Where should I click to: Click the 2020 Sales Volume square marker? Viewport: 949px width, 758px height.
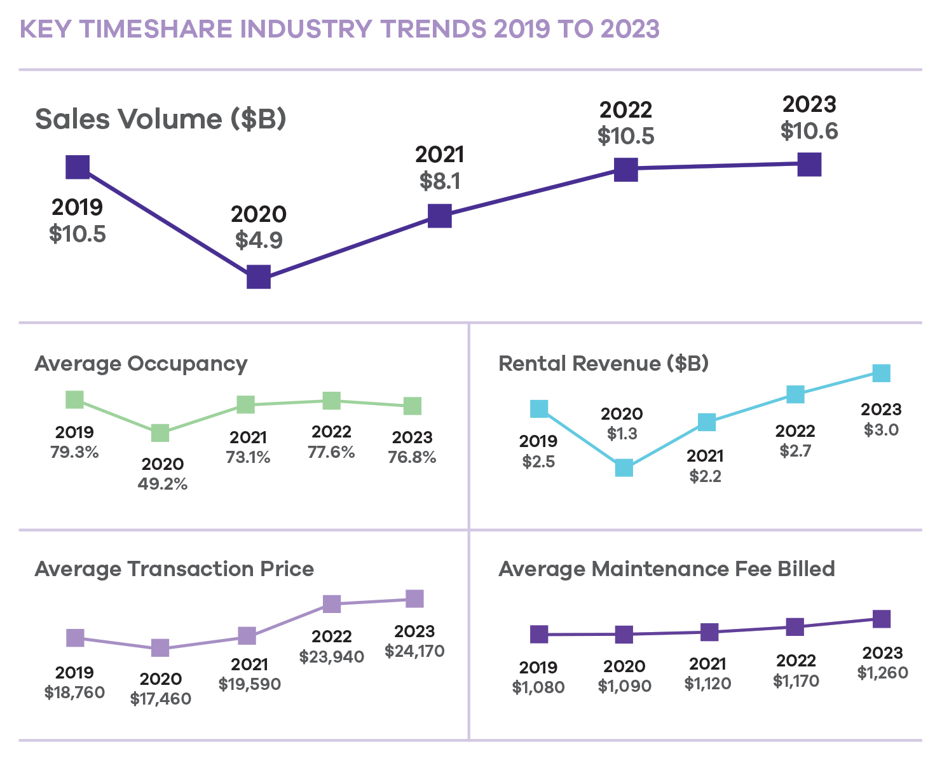pos(258,277)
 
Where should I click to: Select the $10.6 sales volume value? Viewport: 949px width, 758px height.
pos(809,132)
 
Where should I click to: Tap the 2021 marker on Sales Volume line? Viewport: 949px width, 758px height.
pos(439,216)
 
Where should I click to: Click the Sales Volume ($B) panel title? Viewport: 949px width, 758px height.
pos(160,119)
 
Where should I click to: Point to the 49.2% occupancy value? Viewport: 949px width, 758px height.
pos(163,484)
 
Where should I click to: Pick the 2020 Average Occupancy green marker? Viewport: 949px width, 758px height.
pos(160,433)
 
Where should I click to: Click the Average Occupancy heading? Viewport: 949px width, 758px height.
pos(141,364)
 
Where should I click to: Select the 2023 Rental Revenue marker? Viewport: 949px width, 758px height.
pos(881,373)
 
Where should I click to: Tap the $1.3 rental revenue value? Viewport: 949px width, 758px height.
pos(622,434)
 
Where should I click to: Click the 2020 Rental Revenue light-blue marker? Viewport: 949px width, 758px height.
pos(624,468)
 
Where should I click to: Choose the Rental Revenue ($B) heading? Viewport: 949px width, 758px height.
pos(603,364)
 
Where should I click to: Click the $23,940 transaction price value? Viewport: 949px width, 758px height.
pos(332,656)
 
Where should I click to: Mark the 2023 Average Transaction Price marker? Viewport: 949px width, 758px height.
pos(414,598)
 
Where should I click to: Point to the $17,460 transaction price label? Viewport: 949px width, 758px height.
pos(160,699)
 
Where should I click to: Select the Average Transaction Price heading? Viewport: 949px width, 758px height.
pos(174,569)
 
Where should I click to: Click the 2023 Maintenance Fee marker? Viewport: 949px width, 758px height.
pos(881,619)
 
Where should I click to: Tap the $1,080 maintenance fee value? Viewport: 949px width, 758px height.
pos(538,687)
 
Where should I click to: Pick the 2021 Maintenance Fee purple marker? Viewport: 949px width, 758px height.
pos(709,632)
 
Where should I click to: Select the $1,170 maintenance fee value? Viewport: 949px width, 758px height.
pos(796,681)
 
